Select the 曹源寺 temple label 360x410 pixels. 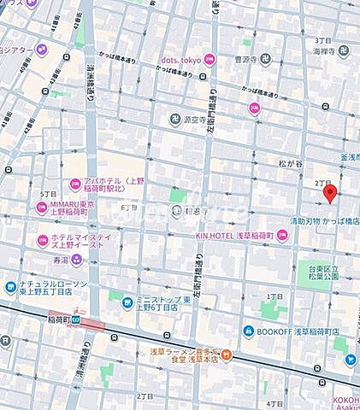tap(246, 61)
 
